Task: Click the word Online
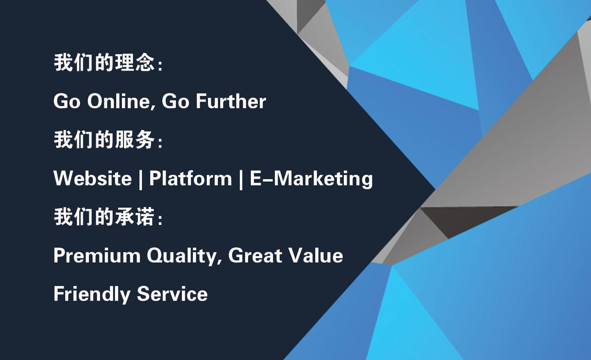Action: (x=121, y=101)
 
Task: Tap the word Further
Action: (x=231, y=101)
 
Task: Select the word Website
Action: (x=92, y=178)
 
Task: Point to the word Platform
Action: (x=190, y=178)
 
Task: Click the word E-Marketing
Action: (x=311, y=179)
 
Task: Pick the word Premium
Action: (x=97, y=256)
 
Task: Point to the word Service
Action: (x=172, y=294)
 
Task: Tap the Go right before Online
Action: (x=67, y=101)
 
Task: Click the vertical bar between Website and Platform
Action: (x=140, y=180)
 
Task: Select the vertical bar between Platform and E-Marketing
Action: (x=241, y=180)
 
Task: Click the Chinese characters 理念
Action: (x=135, y=62)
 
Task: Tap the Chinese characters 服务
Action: (x=135, y=140)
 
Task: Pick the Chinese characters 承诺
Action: (x=135, y=217)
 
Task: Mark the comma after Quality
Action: (x=219, y=262)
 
